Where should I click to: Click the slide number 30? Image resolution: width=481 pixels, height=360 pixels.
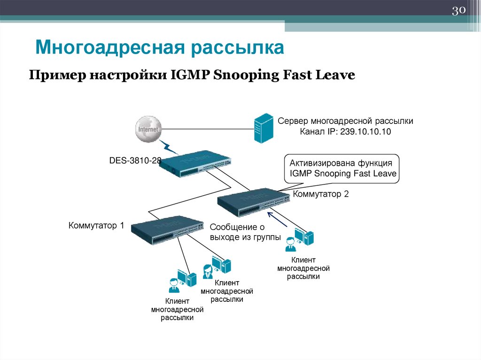click(458, 10)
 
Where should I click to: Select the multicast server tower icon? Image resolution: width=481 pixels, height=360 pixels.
click(263, 128)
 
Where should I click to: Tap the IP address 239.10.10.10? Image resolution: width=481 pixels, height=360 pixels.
click(367, 132)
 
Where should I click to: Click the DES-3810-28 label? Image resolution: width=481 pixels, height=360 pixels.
click(135, 161)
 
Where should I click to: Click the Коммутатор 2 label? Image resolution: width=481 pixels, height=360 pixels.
click(321, 194)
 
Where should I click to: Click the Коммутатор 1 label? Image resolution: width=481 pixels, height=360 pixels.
click(96, 226)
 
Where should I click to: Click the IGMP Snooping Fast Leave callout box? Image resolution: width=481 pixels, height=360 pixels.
click(343, 169)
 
